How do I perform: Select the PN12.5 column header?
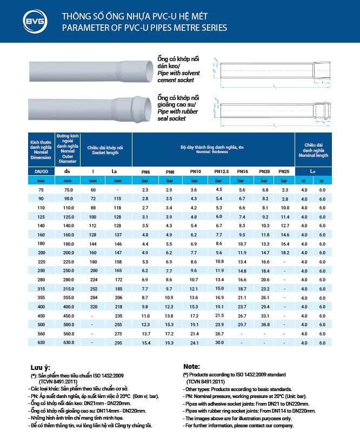click(222, 171)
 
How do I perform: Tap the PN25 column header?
click(283, 171)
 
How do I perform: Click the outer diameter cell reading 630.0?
click(68, 342)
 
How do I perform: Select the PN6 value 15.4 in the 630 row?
click(145, 342)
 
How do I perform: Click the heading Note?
click(192, 366)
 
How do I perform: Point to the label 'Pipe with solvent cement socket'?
click(176, 76)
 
